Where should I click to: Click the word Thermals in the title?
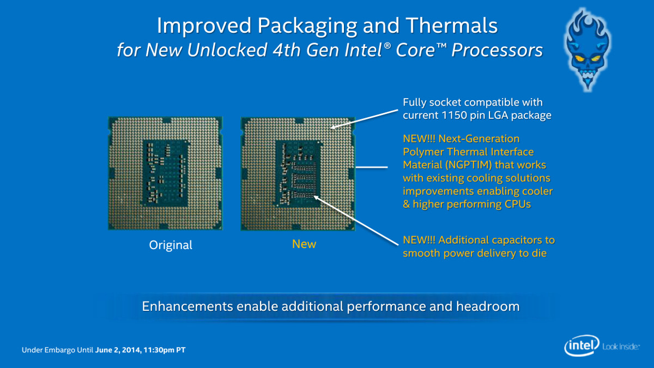click(x=452, y=26)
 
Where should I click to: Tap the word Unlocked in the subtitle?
click(x=227, y=50)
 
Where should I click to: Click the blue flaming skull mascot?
click(x=588, y=49)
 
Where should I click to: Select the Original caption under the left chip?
click(x=171, y=245)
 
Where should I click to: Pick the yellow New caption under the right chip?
click(x=304, y=244)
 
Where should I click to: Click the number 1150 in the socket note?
click(x=453, y=115)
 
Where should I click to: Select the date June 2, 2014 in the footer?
click(x=118, y=350)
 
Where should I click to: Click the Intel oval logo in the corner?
click(x=582, y=346)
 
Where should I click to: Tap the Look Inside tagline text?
click(x=621, y=347)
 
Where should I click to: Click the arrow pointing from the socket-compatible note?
click(x=365, y=119)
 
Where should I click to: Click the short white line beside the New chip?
click(x=372, y=167)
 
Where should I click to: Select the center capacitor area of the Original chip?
click(x=165, y=173)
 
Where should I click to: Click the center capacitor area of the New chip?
click(x=298, y=174)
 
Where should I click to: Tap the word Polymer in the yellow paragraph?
click(x=423, y=152)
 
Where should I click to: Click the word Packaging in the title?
click(x=307, y=26)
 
